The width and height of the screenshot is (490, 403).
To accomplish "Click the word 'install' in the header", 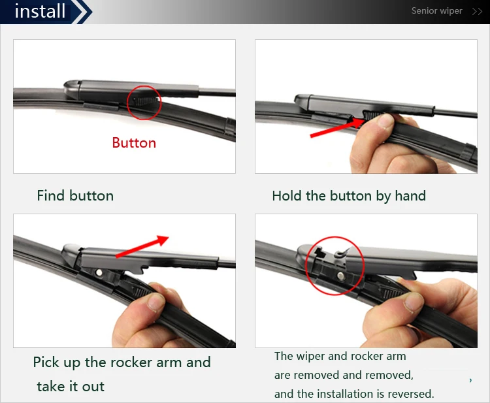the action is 40,11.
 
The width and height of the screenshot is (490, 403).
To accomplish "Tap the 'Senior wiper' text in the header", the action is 436,11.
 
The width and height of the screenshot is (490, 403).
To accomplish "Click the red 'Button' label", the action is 134,143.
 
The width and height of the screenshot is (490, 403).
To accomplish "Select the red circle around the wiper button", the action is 144,86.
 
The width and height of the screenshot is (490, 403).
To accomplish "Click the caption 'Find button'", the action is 75,196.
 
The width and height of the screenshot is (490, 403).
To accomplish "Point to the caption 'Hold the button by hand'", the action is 349,196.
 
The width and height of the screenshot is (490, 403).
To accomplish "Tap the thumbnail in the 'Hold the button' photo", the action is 385,120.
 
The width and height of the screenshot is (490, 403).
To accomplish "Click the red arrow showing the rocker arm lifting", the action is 142,246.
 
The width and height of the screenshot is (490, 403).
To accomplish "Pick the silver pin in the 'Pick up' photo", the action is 99,273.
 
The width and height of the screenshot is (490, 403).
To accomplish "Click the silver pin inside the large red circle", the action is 341,276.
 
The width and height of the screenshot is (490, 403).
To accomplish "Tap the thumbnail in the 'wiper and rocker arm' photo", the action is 414,302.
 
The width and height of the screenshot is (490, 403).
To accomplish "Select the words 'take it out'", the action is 71,387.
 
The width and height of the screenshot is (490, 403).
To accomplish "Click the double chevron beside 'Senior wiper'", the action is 477,12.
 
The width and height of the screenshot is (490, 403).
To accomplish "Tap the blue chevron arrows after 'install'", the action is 82,12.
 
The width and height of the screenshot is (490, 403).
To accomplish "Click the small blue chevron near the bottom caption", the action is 470,380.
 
